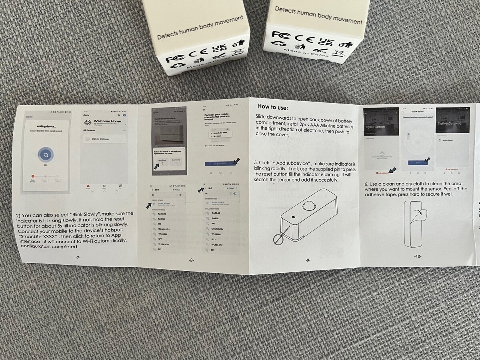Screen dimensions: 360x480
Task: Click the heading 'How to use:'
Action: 273,107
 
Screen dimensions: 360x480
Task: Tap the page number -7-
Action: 78,258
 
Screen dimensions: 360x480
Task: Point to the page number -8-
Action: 191,260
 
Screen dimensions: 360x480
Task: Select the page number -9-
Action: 308,260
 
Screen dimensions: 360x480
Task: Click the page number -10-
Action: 418,256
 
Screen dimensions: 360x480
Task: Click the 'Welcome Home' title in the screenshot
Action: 107,121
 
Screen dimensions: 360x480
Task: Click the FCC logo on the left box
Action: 174,59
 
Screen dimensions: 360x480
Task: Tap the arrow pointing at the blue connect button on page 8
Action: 236,161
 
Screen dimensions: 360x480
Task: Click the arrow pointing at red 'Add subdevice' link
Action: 393,170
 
